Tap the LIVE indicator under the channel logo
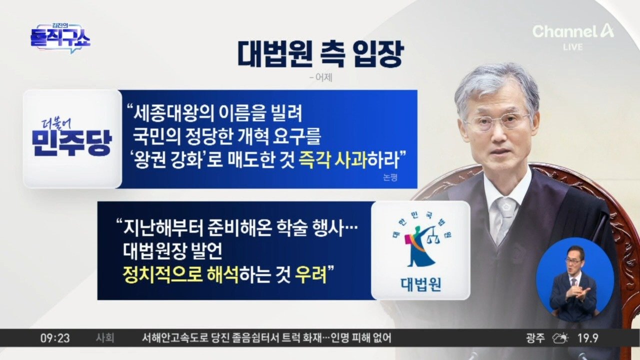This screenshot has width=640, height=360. tap(573, 47)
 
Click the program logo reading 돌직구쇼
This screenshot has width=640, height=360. tap(60, 38)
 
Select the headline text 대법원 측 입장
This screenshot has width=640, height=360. tap(320, 55)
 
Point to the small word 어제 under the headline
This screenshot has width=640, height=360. tap(321, 77)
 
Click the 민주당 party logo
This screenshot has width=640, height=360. tap(72, 139)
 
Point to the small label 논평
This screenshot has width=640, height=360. tap(390, 177)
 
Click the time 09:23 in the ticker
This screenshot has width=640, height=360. tap(55, 338)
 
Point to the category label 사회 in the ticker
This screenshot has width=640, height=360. tap(105, 338)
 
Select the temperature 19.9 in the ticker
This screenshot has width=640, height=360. tap(588, 338)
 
